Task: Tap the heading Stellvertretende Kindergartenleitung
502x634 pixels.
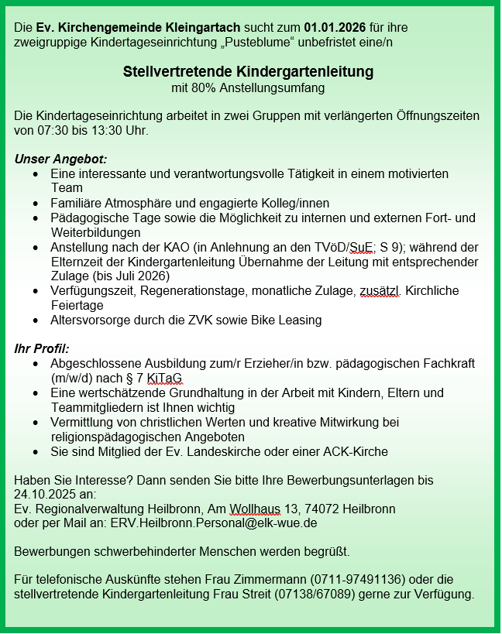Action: point(248,72)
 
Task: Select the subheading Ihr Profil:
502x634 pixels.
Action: point(42,348)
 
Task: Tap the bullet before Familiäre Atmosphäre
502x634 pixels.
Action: point(36,203)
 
